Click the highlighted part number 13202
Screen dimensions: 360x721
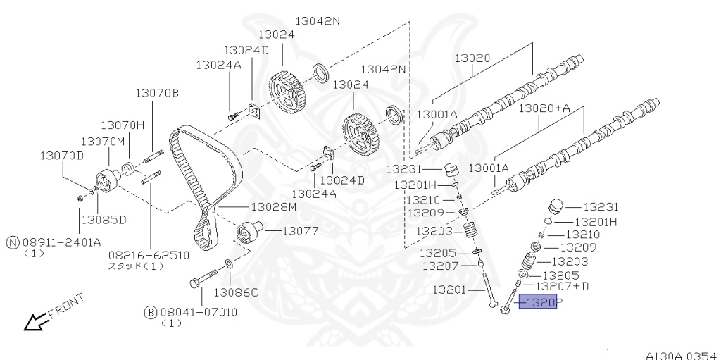(x=538, y=303)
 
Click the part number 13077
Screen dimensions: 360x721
(x=301, y=230)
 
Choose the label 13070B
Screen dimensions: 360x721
(x=158, y=92)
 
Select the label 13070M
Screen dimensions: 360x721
(x=102, y=141)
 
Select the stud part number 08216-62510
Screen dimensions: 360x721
(x=149, y=254)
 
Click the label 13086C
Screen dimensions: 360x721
(x=236, y=292)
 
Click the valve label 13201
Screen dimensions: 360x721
(x=451, y=290)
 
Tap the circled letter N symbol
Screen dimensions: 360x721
(x=12, y=242)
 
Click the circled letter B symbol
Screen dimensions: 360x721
(x=150, y=311)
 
